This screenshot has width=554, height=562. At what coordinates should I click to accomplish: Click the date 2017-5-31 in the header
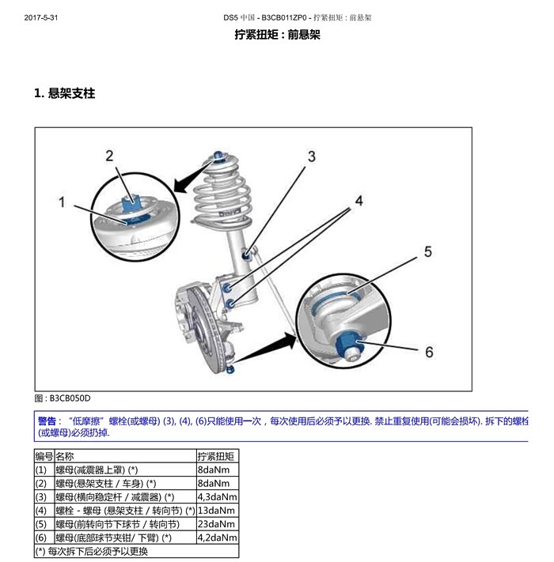click(x=41, y=17)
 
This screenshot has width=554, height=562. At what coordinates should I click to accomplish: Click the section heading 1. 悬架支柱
click(x=65, y=93)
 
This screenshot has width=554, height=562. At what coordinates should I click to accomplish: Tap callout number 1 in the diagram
click(x=62, y=202)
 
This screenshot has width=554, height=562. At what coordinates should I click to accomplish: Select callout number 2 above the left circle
click(x=109, y=156)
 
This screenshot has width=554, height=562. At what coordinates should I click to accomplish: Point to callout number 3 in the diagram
click(x=312, y=157)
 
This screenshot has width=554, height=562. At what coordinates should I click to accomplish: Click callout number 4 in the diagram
click(x=359, y=201)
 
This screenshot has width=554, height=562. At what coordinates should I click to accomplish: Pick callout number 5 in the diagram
click(x=427, y=251)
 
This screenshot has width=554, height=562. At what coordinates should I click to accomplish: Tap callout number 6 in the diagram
click(x=429, y=352)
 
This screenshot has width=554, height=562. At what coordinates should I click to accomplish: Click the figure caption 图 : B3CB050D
click(x=63, y=398)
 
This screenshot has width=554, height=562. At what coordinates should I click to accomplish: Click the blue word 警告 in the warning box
click(x=47, y=421)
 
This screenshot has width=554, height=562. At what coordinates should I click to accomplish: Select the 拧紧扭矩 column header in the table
click(x=215, y=456)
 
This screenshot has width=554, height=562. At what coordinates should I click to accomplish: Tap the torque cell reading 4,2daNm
click(x=218, y=537)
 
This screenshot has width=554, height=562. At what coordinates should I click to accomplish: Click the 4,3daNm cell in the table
click(x=218, y=496)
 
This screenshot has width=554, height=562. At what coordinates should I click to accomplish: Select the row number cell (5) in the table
click(x=41, y=524)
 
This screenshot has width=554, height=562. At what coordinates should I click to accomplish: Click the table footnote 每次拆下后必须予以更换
click(x=97, y=551)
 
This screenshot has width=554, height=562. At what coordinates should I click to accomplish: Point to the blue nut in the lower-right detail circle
click(x=347, y=343)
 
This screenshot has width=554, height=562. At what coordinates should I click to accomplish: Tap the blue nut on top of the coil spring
click(x=218, y=157)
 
